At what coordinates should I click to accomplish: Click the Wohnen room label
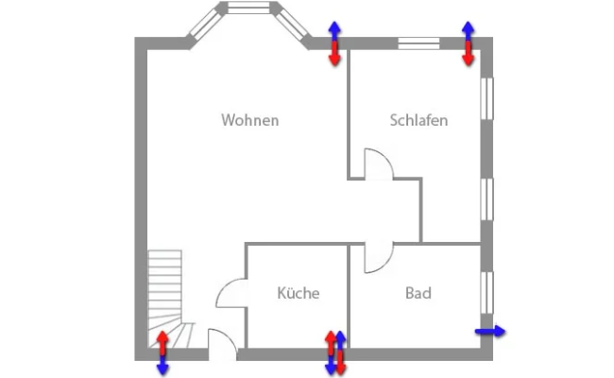250,120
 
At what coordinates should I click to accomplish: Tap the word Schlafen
418,120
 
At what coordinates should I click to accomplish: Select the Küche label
298,293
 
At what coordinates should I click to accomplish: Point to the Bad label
418,293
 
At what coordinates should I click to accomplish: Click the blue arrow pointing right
490,331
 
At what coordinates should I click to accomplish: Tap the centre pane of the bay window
249,9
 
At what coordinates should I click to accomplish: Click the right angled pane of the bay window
293,25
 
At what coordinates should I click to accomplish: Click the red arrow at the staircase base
162,341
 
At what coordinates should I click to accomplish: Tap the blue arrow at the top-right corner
468,31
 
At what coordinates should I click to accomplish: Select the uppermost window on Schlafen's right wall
487,98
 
